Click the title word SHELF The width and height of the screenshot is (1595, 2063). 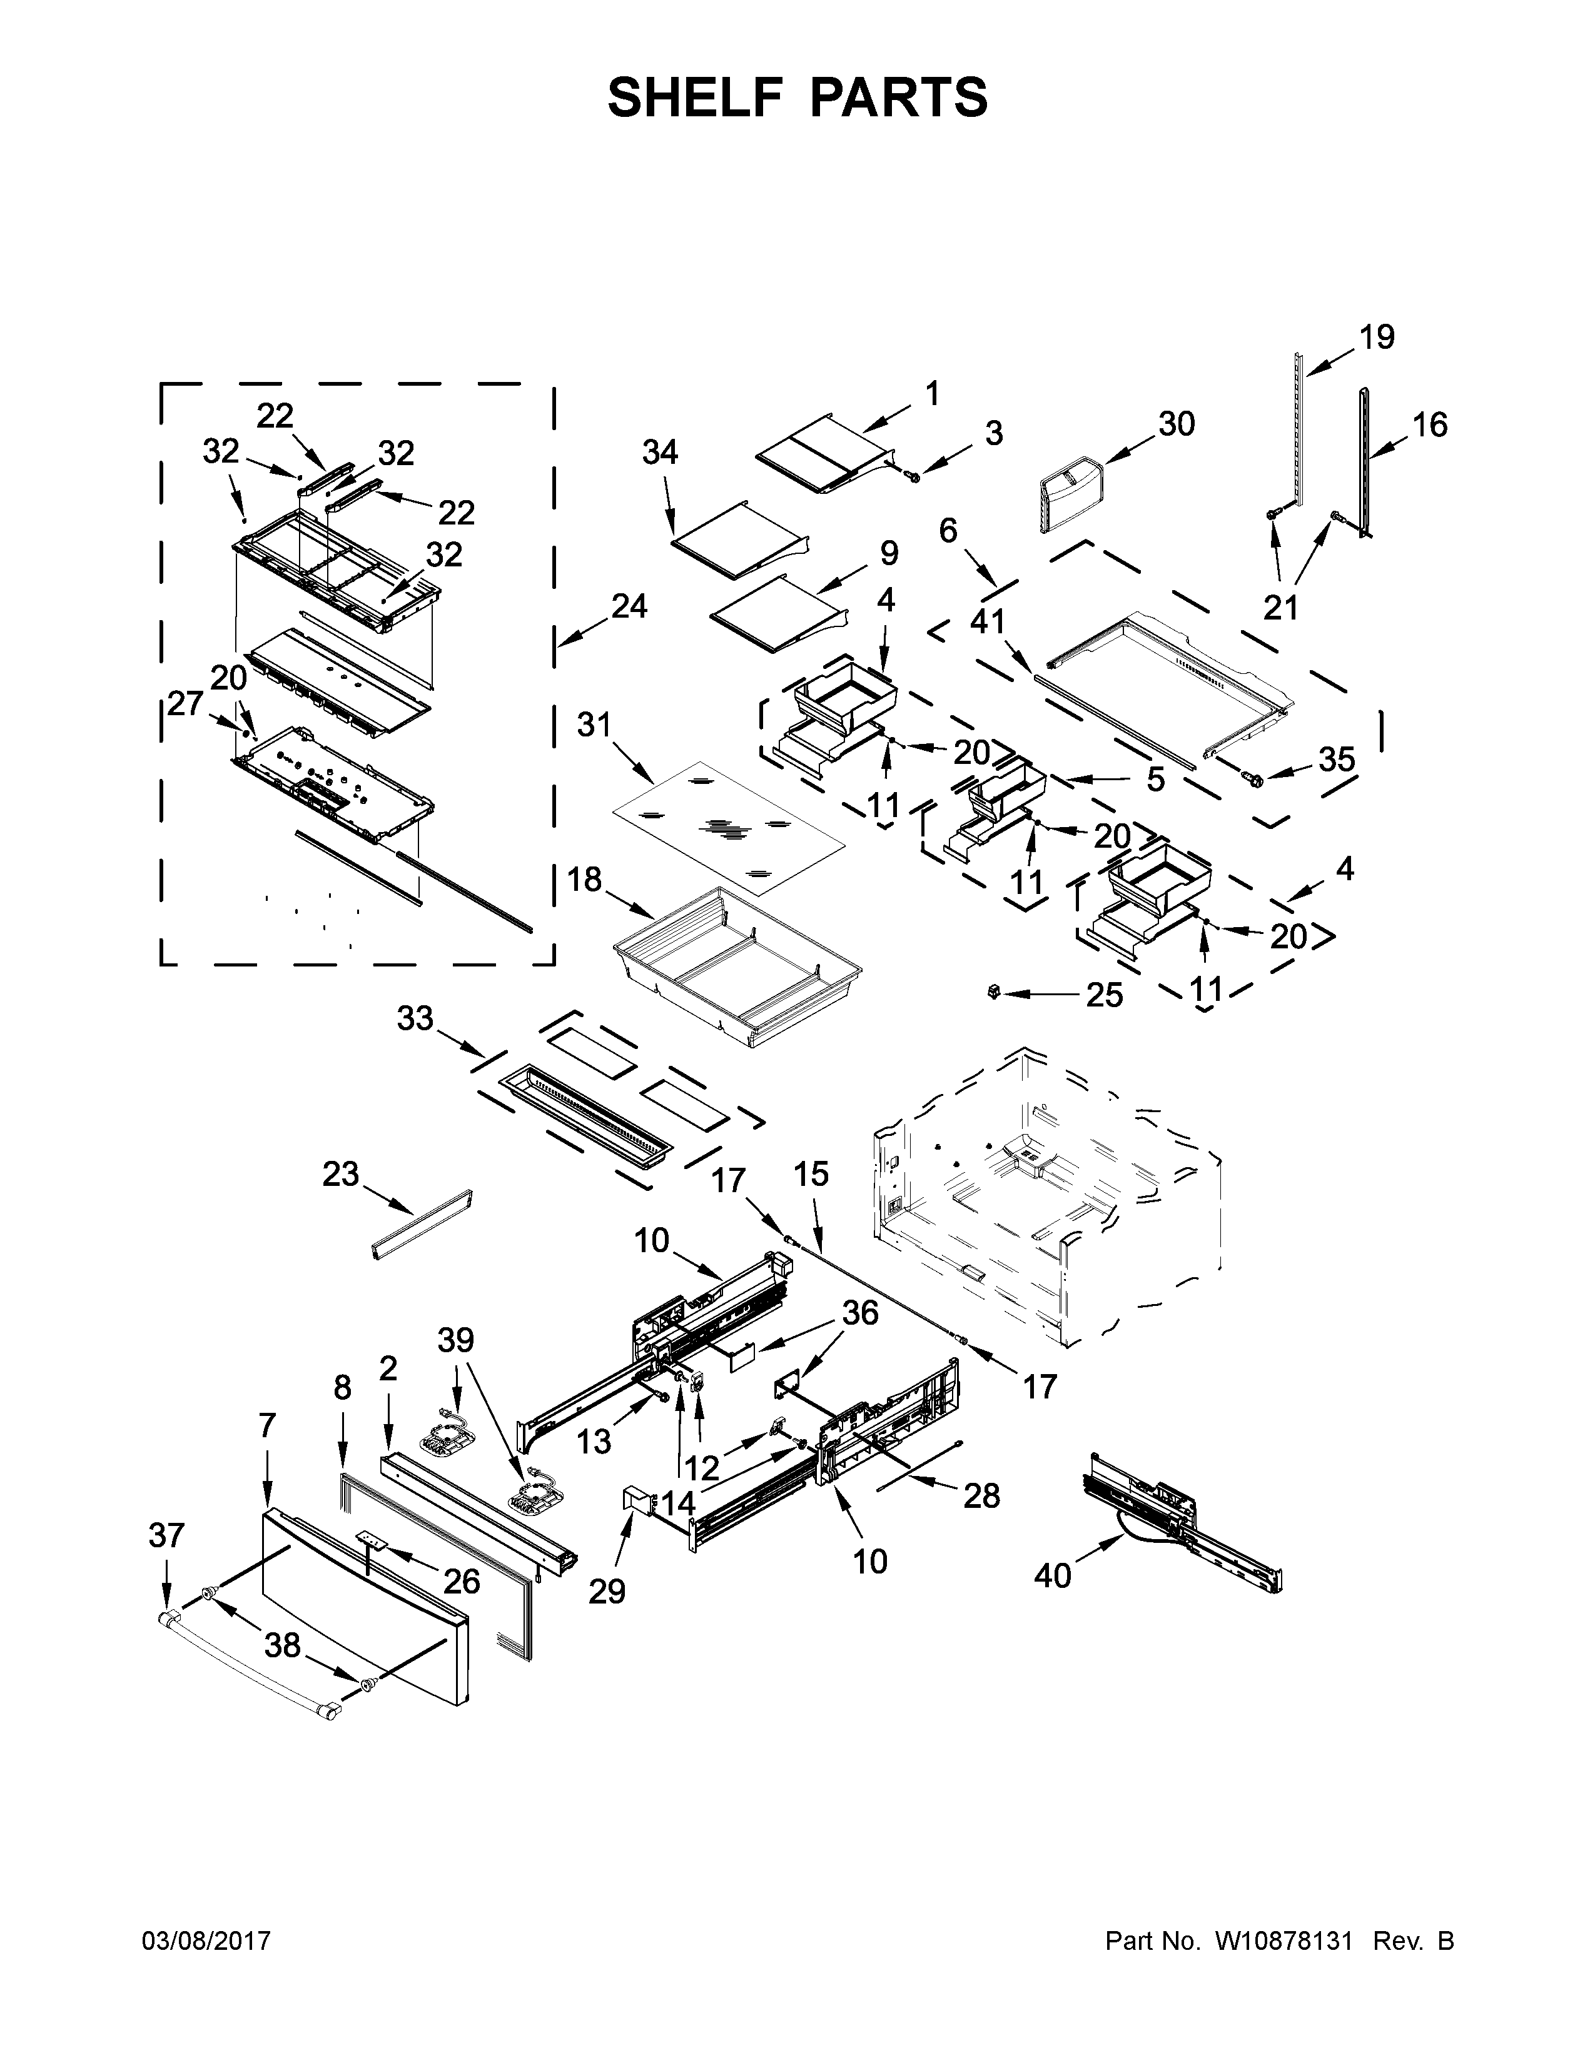pyautogui.click(x=697, y=98)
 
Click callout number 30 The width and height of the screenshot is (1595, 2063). pyautogui.click(x=1177, y=424)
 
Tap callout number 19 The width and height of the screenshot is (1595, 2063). pyautogui.click(x=1377, y=337)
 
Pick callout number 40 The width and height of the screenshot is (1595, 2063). pyautogui.click(x=1053, y=1575)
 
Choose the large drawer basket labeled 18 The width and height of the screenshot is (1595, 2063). pyautogui.click(x=737, y=968)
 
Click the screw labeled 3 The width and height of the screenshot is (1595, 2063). pyautogui.click(x=914, y=477)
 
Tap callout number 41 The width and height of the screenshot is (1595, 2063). pyautogui.click(x=988, y=621)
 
